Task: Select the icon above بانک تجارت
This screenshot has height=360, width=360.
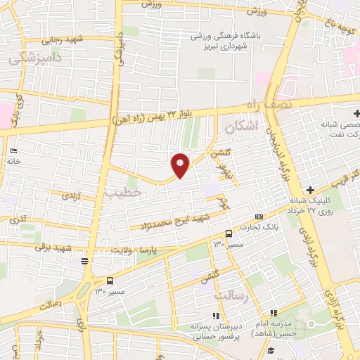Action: (x=259, y=216)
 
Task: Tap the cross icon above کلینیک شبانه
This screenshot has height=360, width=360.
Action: (x=310, y=190)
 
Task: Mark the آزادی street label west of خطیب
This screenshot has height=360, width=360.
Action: (x=72, y=197)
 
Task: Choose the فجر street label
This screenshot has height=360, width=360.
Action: (x=224, y=204)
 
